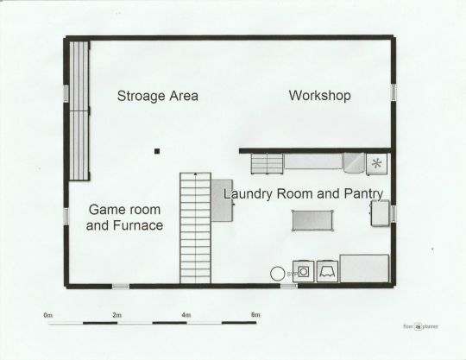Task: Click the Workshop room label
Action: [x=320, y=96]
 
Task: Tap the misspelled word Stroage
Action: [x=142, y=96]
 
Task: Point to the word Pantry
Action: [x=363, y=194]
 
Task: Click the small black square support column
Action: [x=157, y=151]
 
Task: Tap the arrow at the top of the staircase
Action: [x=195, y=174]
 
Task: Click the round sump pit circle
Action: [x=277, y=274]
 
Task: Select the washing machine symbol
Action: [x=303, y=271]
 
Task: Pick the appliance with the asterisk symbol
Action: [x=377, y=163]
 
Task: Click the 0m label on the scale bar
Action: [x=47, y=315]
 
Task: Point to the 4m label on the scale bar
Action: [x=186, y=315]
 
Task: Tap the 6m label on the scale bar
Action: [x=255, y=314]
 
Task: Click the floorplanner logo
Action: [x=420, y=326]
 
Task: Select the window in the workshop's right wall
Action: [x=394, y=92]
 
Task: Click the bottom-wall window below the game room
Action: [x=121, y=287]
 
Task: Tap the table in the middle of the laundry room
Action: [x=312, y=220]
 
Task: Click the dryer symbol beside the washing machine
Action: [x=327, y=271]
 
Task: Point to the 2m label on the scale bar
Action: [x=116, y=315]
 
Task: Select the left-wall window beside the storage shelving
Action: [x=66, y=93]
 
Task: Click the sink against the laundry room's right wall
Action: [x=380, y=213]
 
